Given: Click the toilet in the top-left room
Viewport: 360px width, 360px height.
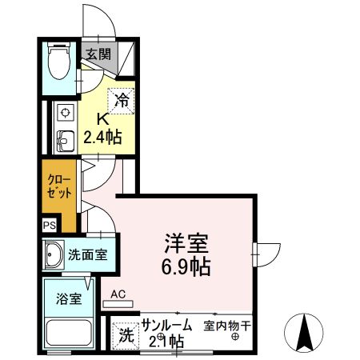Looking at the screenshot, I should (x=58, y=62).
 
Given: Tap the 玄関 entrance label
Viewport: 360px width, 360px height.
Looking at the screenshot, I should (x=98, y=54).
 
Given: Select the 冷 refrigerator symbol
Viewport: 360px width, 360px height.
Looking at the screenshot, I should (x=122, y=101).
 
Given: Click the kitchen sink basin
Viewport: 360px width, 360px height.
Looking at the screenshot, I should (x=63, y=138).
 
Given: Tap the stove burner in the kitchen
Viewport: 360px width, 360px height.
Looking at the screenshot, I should (x=63, y=111).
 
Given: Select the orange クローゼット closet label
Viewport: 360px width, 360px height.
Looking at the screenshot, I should (x=60, y=187).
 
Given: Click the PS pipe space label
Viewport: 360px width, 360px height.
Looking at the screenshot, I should (x=50, y=227).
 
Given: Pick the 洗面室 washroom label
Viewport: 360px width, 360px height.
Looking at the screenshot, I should (x=87, y=256).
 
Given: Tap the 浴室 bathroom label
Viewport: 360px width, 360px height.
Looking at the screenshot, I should (x=68, y=300).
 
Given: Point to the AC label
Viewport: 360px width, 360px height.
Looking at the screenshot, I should (x=118, y=294).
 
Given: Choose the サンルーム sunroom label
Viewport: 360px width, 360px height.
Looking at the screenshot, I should (x=166, y=326).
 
